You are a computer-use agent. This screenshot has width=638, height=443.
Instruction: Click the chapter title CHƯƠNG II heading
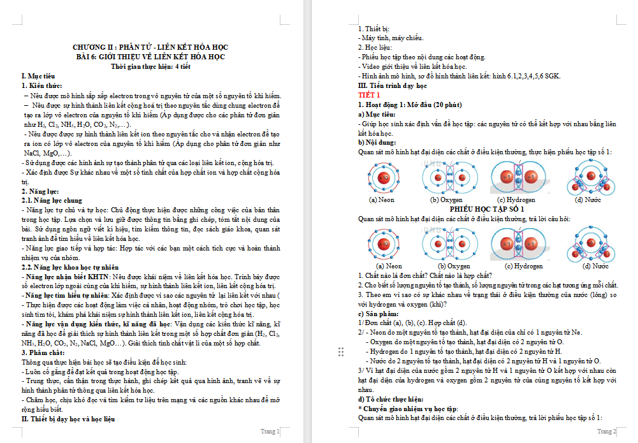(x=150, y=47)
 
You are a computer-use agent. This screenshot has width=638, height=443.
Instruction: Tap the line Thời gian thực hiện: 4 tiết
(x=150, y=66)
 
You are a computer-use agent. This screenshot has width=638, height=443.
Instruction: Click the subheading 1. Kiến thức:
(x=42, y=85)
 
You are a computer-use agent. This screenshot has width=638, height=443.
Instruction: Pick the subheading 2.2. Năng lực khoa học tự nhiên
(x=71, y=266)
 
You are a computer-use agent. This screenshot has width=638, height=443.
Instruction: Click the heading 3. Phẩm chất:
(x=43, y=352)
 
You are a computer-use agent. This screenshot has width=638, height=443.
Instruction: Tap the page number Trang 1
(x=270, y=432)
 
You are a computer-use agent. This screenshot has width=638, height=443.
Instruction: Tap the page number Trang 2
(x=606, y=432)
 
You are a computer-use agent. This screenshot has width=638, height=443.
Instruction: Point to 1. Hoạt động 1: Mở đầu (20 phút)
(x=410, y=105)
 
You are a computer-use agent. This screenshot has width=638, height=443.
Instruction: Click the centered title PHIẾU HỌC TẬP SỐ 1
(x=488, y=209)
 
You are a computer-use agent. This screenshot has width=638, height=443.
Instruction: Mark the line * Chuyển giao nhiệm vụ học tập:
(x=408, y=409)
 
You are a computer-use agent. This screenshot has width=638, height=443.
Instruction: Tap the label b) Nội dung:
(x=377, y=143)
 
